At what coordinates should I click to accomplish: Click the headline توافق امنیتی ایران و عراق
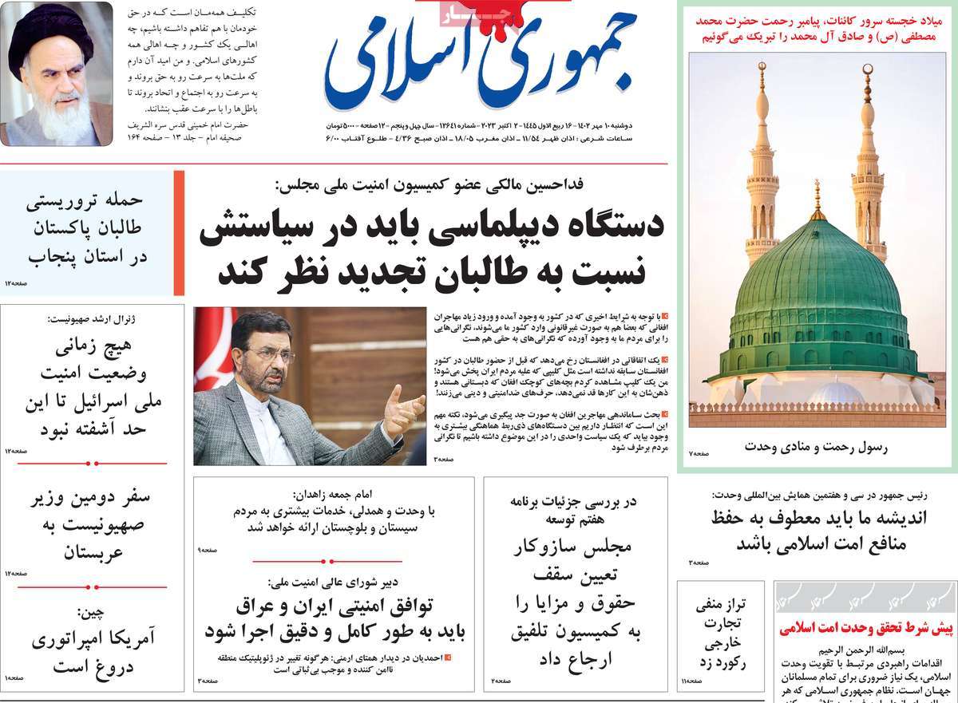tap(335, 618)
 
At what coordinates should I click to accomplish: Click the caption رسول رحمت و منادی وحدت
tap(815, 447)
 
